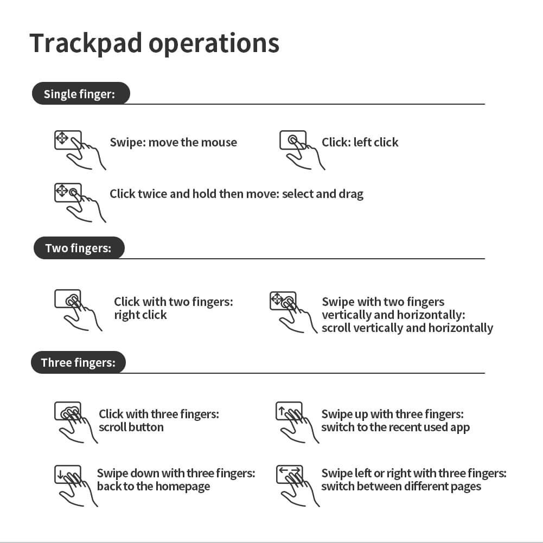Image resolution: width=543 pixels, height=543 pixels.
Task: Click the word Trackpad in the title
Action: [x=85, y=43]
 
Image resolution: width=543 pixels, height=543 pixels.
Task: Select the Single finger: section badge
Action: [x=80, y=94]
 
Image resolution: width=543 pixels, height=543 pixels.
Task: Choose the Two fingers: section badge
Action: [x=78, y=248]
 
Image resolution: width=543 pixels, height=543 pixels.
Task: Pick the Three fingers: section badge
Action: [x=78, y=362]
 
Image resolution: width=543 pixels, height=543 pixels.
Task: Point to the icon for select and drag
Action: [x=76, y=201]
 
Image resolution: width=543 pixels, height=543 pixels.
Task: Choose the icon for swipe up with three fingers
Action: [x=296, y=420]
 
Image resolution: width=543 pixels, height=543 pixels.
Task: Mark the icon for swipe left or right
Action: [x=296, y=483]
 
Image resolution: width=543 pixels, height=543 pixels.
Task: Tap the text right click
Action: [x=140, y=315]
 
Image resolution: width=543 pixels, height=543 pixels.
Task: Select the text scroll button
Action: [x=131, y=427]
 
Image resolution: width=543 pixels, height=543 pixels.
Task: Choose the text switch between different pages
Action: [x=401, y=487]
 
